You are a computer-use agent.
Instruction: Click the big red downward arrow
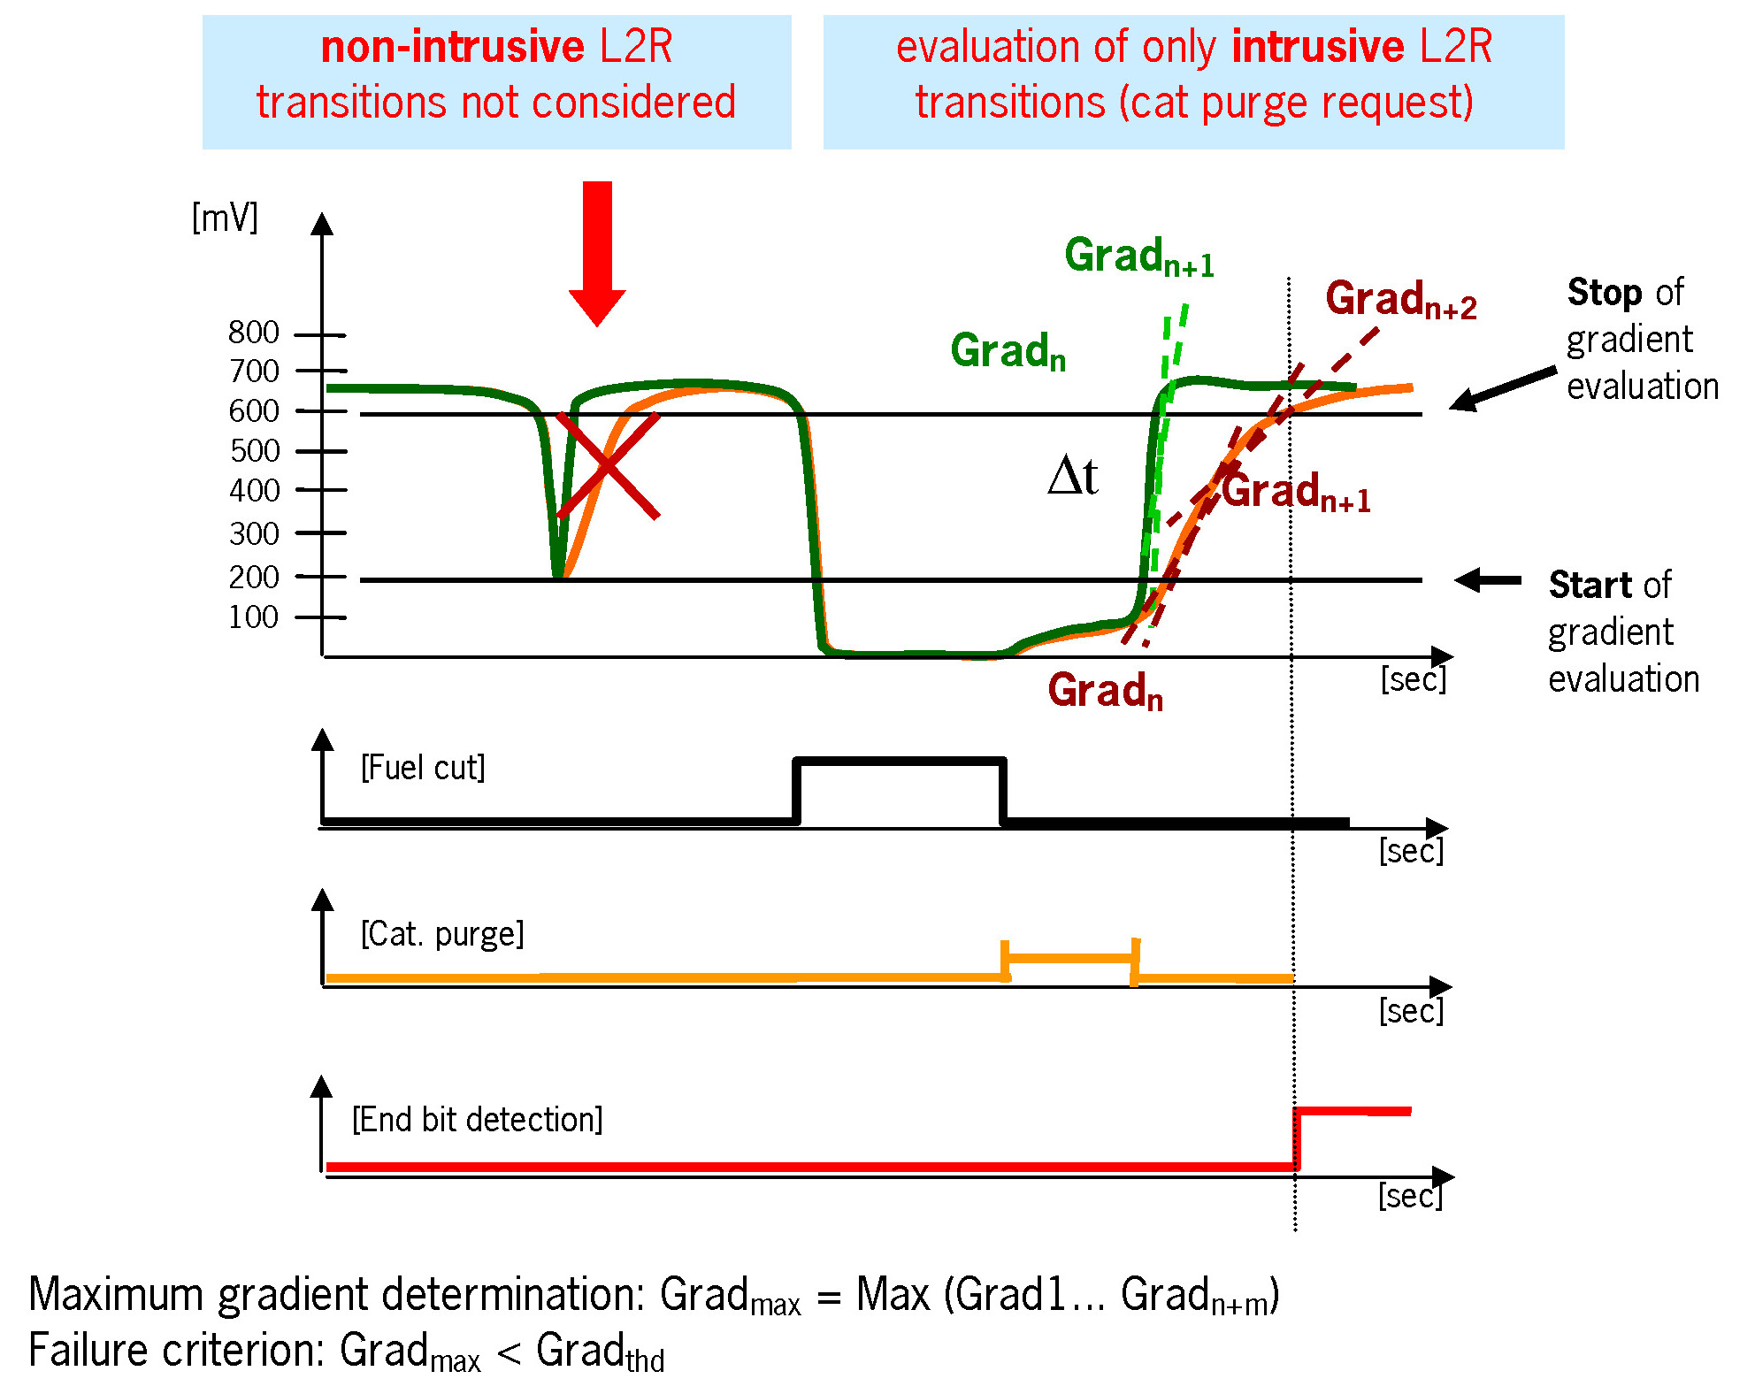597,252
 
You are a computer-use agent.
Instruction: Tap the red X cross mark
608,465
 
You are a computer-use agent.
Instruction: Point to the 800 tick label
253,333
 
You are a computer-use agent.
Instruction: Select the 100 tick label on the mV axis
253,617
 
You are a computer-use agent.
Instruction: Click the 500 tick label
254,451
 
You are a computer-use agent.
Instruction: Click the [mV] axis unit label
225,217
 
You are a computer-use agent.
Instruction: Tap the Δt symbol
1072,477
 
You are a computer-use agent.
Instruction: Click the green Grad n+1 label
1138,257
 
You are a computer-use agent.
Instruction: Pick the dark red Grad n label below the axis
1105,691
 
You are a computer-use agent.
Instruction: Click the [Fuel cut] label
423,768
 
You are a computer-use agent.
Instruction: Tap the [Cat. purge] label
442,934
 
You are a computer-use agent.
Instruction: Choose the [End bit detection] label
478,1120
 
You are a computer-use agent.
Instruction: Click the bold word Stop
1605,293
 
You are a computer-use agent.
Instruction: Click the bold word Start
1590,586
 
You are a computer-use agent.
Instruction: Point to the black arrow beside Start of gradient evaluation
1488,580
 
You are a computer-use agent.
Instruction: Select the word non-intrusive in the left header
452,47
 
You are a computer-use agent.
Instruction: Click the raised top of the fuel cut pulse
900,760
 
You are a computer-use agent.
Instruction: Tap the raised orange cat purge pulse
1070,958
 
